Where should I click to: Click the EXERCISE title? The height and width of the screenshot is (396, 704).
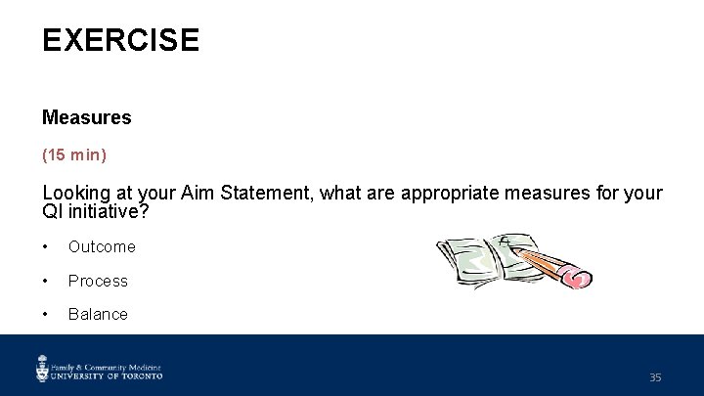coord(120,40)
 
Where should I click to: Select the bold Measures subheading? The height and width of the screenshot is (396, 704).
coord(86,117)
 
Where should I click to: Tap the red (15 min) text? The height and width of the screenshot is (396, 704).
coord(74,154)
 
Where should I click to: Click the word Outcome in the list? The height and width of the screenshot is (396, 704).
coord(102,247)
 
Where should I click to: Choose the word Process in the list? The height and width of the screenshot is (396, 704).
coord(98,281)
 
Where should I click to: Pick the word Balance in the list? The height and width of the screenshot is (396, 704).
coord(98,314)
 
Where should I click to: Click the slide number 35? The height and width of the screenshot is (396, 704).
coord(655,376)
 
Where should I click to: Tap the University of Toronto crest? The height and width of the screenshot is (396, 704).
coord(43,368)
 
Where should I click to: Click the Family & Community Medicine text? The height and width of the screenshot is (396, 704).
coord(107,362)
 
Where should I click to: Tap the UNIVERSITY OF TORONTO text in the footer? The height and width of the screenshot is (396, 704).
coord(109,374)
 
